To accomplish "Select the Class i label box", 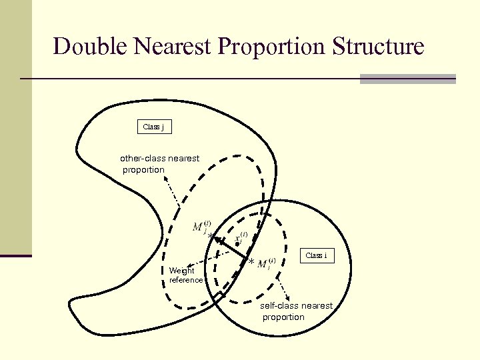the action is [316, 255].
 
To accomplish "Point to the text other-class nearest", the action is [159, 158].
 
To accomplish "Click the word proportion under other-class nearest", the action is [143, 169].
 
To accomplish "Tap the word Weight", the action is [182, 271].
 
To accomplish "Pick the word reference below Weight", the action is [186, 280].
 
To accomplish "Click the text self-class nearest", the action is [296, 305].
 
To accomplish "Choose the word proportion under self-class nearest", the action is [283, 317].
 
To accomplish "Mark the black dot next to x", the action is [237, 245].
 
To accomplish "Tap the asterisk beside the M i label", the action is [251, 262].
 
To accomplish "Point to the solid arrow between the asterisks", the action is [230, 248].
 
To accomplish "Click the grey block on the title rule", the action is [407, 79].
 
